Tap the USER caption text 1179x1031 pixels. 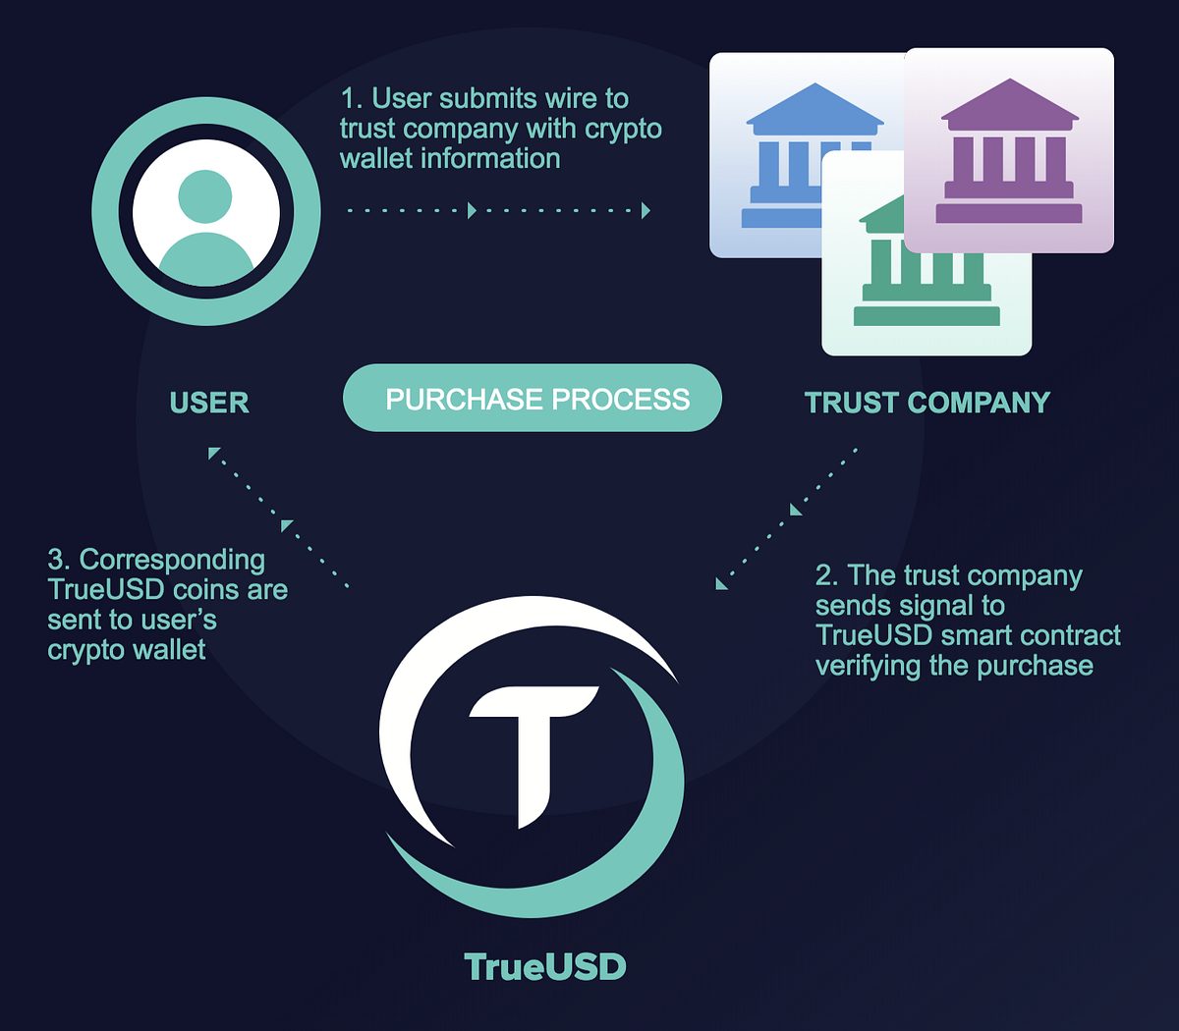tap(209, 402)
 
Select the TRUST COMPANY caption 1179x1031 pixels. tap(927, 402)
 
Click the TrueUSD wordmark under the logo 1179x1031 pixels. tap(545, 966)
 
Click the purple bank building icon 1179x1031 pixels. tap(1009, 151)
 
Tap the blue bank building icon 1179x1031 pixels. tap(807, 155)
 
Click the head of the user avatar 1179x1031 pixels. tap(205, 196)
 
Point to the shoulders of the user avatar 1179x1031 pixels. tap(205, 258)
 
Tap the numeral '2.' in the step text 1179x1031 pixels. tap(827, 575)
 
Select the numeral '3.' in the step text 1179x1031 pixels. tap(59, 560)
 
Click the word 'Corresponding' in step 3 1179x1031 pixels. tap(172, 561)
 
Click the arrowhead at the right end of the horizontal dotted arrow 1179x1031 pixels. tap(646, 210)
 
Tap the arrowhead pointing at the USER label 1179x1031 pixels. tap(214, 454)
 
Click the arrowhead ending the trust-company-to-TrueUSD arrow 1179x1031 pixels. tap(721, 584)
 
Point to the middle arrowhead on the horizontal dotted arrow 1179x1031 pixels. tap(472, 210)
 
